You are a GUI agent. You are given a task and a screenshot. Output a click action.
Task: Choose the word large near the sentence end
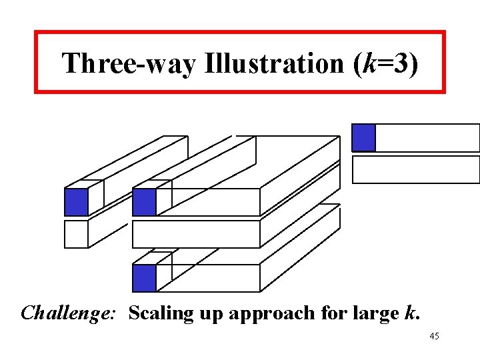369,313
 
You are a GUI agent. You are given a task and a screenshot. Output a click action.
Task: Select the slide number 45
434,337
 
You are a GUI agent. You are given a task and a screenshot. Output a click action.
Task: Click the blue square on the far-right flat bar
363,137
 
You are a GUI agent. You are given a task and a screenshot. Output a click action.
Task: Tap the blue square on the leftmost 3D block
76,202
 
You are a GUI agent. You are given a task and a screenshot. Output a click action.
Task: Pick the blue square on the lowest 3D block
144,278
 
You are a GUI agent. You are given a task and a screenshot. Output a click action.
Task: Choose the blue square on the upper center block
144,202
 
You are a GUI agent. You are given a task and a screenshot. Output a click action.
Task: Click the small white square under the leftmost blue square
76,234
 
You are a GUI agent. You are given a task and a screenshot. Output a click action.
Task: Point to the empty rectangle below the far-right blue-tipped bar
415,169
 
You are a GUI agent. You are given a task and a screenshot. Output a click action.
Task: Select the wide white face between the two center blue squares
195,234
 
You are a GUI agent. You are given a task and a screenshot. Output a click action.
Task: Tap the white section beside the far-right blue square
427,137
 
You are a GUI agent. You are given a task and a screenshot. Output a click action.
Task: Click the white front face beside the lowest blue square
207,278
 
